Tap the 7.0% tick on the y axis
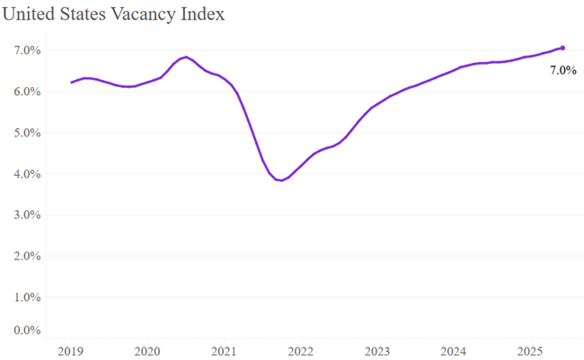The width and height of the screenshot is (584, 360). [26, 50]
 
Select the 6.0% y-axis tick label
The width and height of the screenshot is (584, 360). [26, 92]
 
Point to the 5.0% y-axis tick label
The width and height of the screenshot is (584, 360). [26, 133]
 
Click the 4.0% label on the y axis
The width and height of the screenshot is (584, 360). [26, 174]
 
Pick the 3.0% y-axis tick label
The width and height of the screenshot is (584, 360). [26, 215]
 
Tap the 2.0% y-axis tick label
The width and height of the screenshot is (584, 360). [26, 256]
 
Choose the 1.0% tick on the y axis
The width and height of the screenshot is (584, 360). [26, 297]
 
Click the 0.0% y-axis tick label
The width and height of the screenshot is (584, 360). [26, 330]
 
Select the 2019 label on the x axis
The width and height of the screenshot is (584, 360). [69, 350]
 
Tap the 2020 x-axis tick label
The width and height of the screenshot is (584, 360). [146, 350]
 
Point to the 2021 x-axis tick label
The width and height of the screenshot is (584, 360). [224, 350]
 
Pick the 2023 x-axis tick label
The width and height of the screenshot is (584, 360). [377, 350]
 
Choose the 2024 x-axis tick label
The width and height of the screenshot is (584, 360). [455, 350]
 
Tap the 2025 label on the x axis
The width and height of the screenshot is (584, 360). [532, 350]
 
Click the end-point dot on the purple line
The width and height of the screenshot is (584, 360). [562, 48]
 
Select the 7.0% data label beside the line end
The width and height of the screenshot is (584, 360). [563, 70]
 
